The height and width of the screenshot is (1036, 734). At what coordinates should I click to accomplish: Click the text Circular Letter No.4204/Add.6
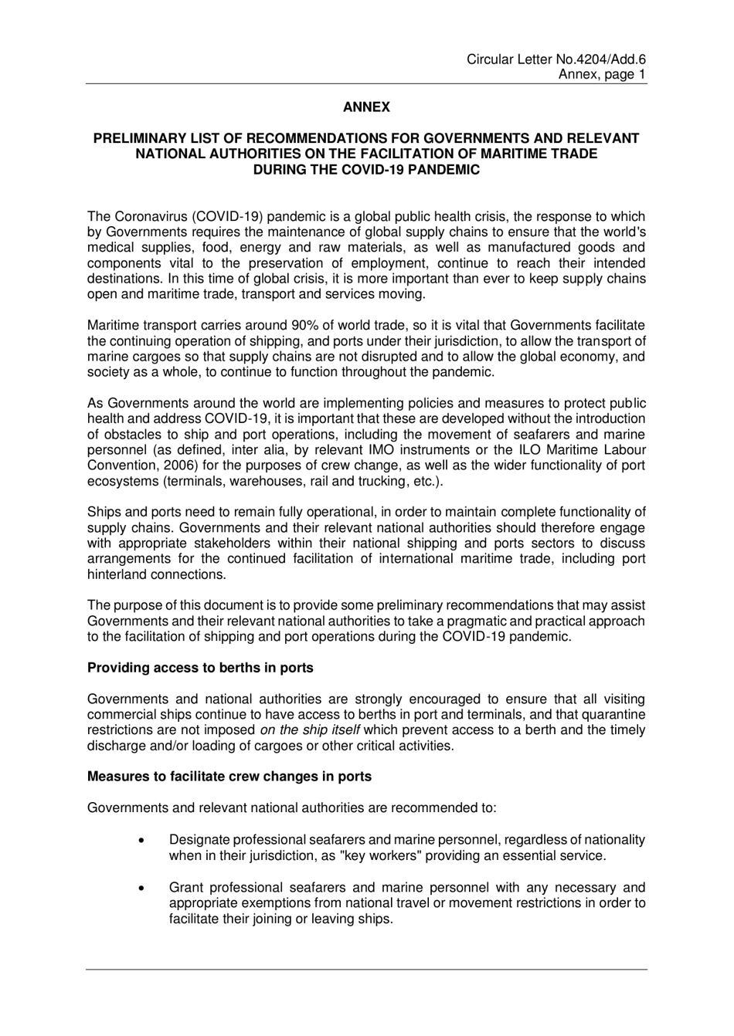pyautogui.click(x=556, y=59)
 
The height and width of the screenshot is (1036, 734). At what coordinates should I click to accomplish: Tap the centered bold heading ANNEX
pyautogui.click(x=366, y=107)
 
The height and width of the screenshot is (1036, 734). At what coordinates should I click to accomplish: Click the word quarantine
pyautogui.click(x=610, y=714)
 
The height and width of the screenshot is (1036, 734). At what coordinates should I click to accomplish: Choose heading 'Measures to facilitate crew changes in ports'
pyautogui.click(x=229, y=777)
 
